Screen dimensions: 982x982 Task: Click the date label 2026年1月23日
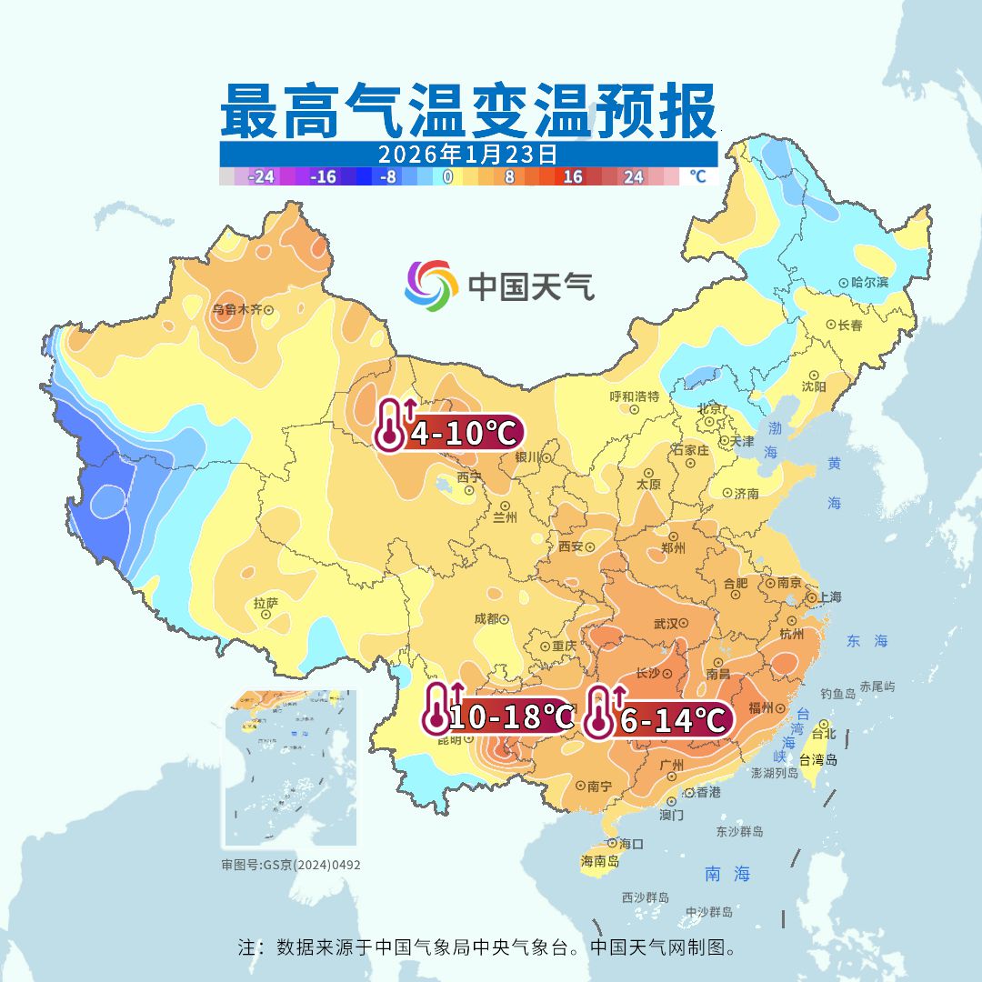point(468,153)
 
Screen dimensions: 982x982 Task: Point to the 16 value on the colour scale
point(572,176)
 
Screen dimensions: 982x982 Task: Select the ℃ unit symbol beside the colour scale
point(697,176)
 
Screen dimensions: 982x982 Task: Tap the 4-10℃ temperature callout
point(449,430)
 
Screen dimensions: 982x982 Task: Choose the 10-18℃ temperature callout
point(498,716)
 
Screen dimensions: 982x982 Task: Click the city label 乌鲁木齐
point(236,309)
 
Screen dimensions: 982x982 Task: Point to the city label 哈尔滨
point(870,283)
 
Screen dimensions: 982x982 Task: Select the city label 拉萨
point(266,602)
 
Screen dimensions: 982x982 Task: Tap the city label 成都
point(486,618)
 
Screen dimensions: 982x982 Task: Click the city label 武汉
point(666,624)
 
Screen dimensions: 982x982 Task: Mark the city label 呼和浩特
point(634,396)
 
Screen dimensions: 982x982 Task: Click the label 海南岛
point(600,860)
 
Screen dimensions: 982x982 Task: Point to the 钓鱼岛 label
point(837,694)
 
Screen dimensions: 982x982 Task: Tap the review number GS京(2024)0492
point(291,865)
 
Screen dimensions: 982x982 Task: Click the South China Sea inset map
point(290,769)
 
